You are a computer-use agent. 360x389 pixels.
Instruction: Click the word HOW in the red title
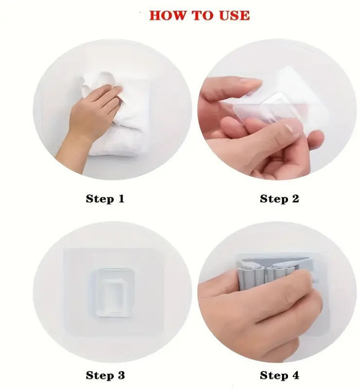(x=167, y=16)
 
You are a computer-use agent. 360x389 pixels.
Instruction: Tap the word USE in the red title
(x=234, y=16)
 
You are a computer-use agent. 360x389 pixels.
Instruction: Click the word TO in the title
(x=202, y=16)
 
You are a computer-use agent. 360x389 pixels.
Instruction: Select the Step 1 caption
(x=105, y=199)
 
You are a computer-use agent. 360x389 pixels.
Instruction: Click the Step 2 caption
(x=279, y=199)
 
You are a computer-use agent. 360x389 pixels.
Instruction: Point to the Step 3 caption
(x=105, y=376)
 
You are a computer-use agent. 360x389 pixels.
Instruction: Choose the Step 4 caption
(x=279, y=376)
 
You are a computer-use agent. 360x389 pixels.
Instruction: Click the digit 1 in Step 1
(x=121, y=199)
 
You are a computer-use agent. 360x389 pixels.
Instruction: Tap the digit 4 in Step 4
(x=295, y=375)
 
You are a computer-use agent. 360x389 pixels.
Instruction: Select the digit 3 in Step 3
(x=121, y=376)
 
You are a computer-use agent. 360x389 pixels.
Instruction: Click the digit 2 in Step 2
(x=295, y=199)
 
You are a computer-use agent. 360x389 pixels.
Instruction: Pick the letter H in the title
(x=155, y=16)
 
